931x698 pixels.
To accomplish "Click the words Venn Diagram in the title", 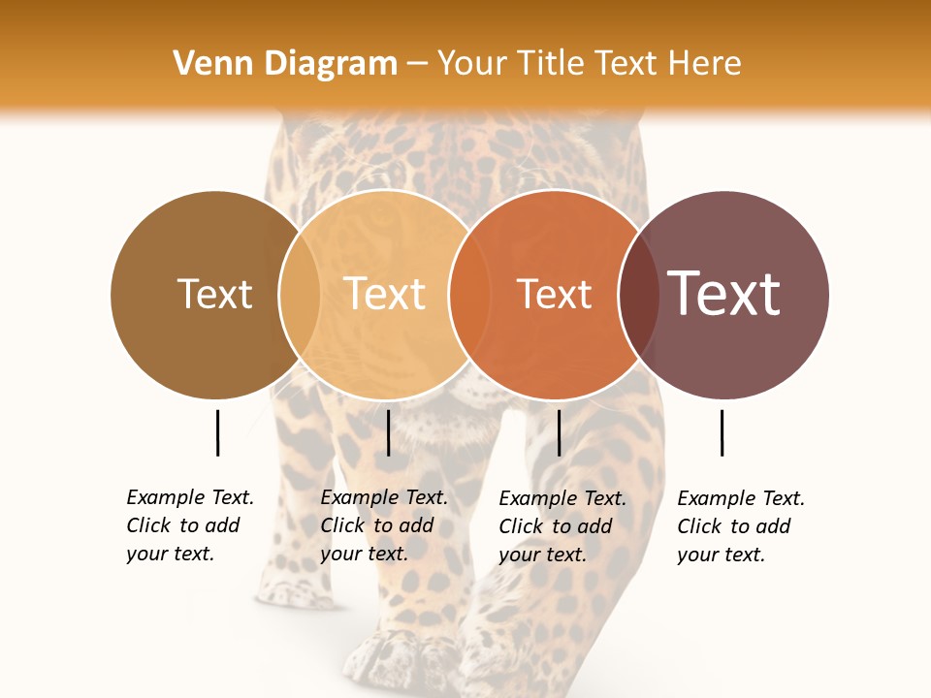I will (x=285, y=63).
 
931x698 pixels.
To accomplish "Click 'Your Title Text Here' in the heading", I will (x=589, y=63).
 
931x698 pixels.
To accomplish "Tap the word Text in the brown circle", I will (x=214, y=294).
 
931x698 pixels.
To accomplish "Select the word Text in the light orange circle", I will (x=385, y=294).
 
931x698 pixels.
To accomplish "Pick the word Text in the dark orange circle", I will (x=554, y=294).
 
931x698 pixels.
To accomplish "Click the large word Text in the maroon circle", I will (x=724, y=293).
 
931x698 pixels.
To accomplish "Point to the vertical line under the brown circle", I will (x=217, y=432).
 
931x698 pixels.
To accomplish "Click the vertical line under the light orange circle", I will (x=388, y=432).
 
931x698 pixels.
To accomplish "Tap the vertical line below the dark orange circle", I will (x=560, y=432).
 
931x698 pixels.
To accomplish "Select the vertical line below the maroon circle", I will (x=722, y=432).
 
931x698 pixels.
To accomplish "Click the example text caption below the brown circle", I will (x=190, y=525).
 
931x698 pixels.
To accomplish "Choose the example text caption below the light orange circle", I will (x=384, y=525).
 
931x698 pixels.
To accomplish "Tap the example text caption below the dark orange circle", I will (x=562, y=526).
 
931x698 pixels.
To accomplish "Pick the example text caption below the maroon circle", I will (x=741, y=526).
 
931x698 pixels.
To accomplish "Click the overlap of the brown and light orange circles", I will (x=300, y=294).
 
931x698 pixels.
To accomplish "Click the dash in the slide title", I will (x=417, y=64).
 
